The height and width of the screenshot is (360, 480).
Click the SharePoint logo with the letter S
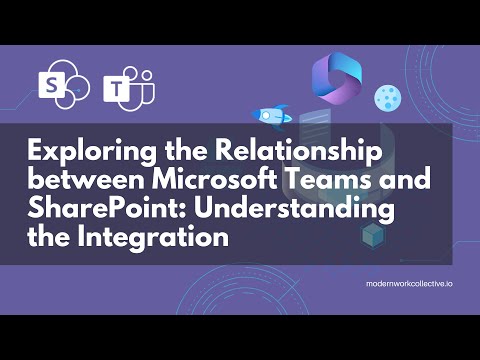point(53,85)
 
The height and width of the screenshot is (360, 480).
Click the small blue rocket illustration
point(274,116)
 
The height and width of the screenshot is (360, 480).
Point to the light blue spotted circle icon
point(387,97)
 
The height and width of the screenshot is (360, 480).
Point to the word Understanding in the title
point(274,212)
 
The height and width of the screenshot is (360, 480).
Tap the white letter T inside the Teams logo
point(121,91)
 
